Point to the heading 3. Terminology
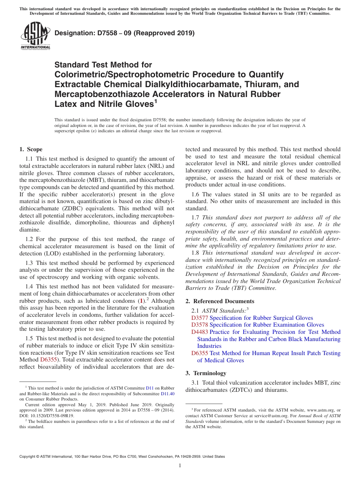click(206, 373)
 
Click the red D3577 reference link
click(200, 318)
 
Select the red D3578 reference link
click(200, 325)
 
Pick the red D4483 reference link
click(200, 332)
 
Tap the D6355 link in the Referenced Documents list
click(200, 353)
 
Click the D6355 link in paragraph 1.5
click(48, 360)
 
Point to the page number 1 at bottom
click(180, 466)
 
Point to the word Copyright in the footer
click(28, 457)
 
